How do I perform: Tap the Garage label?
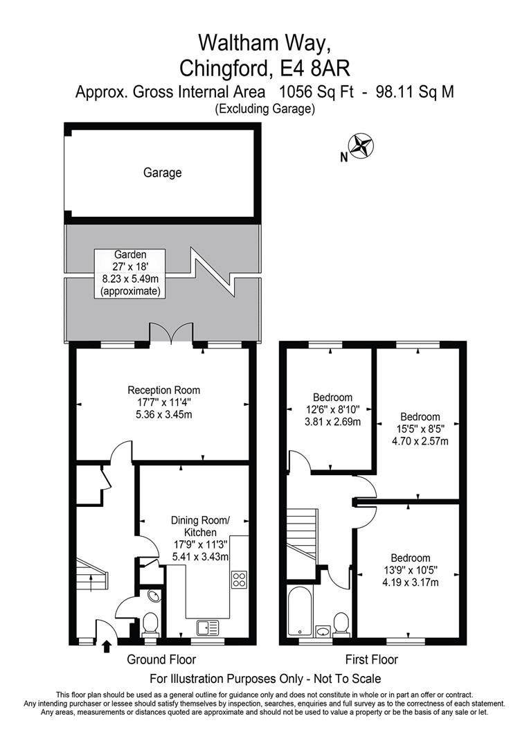point(163,172)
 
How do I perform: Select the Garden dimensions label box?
point(130,274)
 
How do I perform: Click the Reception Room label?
point(163,402)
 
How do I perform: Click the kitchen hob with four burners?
point(240,579)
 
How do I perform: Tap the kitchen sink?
point(208,627)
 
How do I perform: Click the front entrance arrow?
point(107,647)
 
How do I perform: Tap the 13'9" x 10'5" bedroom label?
point(410,570)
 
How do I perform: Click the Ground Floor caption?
point(161,659)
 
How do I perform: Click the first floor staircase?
point(301,534)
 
